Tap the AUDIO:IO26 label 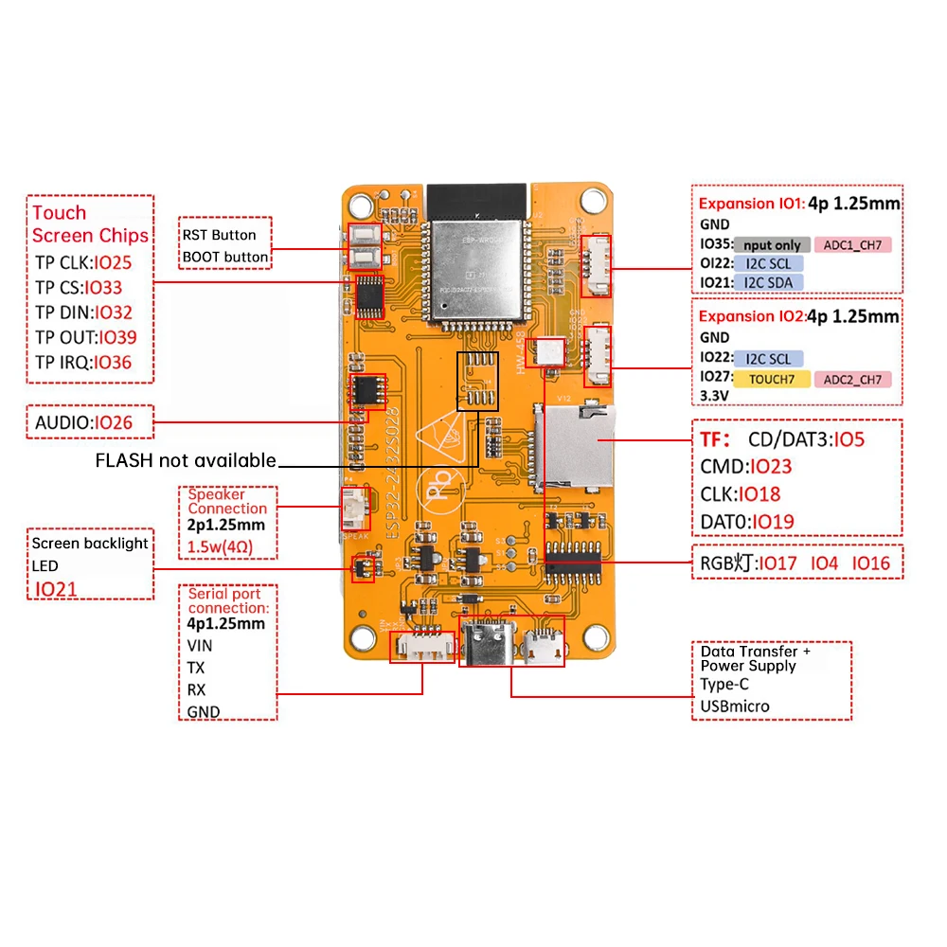[x=83, y=422]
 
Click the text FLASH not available [x=186, y=460]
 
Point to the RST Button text [x=220, y=235]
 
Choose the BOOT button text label [x=225, y=257]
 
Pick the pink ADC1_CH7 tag [x=851, y=245]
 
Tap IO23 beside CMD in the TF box [x=770, y=466]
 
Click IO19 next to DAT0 [x=772, y=521]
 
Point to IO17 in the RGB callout [x=778, y=563]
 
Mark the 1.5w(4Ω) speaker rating [x=220, y=547]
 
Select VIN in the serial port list [x=200, y=645]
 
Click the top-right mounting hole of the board [x=593, y=200]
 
